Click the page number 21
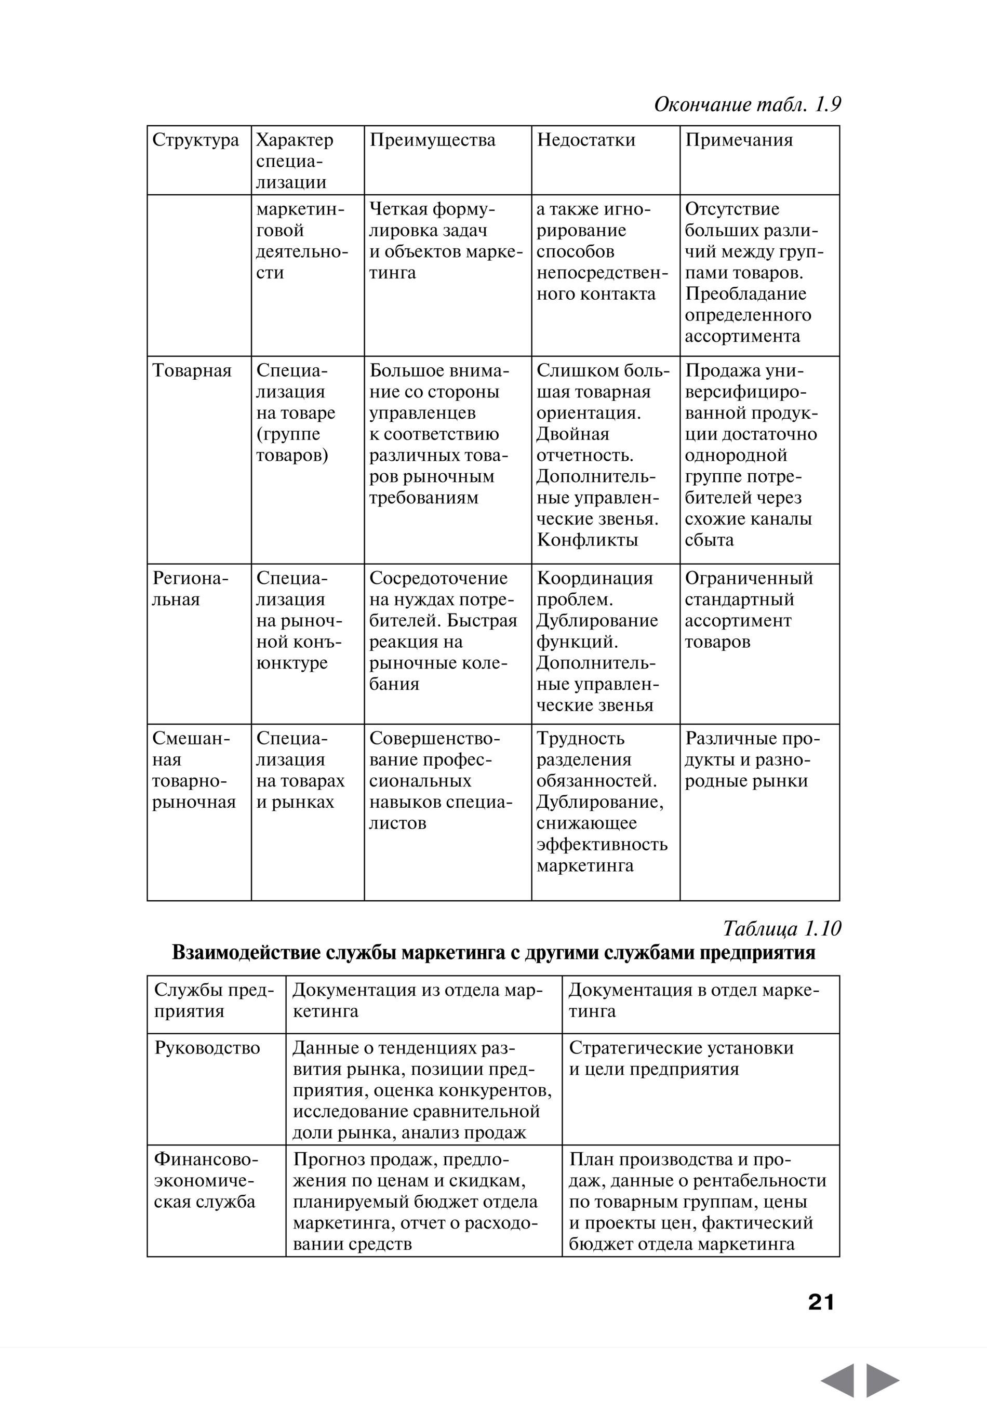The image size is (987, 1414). pos(821,1302)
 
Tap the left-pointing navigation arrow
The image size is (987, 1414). pos(838,1380)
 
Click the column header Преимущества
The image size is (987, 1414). pos(432,140)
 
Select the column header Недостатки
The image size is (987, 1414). pos(585,140)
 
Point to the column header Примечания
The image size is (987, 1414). pos(739,140)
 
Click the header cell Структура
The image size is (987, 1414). pos(195,140)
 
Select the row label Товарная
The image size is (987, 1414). pos(192,371)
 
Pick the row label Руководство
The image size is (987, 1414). pos(207,1048)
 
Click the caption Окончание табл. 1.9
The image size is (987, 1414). pos(747,105)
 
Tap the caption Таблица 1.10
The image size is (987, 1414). pos(781,929)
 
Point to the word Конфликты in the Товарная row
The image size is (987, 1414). pos(587,540)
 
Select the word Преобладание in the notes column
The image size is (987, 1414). pos(745,294)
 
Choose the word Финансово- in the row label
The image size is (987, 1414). pos(206,1159)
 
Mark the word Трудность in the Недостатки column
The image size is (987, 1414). pos(580,738)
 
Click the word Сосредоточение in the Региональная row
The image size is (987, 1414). pos(438,578)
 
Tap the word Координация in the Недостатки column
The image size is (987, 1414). pos(594,578)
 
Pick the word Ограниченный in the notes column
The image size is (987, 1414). pos(749,578)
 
